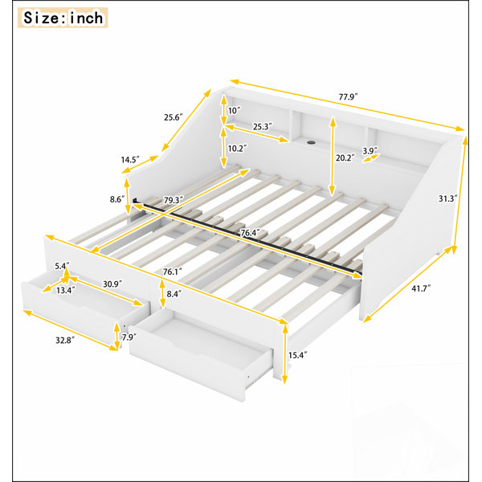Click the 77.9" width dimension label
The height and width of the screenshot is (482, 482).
coord(349,97)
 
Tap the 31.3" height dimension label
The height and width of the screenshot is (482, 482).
coord(447,198)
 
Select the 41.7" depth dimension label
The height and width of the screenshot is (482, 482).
coord(421,288)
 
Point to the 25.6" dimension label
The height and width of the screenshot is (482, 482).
coord(174,117)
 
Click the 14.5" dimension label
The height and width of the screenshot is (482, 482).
coord(130,160)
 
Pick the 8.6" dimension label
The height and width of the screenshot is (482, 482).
coord(117,199)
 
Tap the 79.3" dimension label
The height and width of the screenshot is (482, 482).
coord(174,200)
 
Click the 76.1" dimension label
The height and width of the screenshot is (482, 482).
coord(173,272)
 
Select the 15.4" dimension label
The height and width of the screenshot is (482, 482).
coord(298,355)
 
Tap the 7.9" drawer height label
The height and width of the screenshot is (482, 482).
coord(129,337)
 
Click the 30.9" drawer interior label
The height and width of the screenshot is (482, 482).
coord(112,284)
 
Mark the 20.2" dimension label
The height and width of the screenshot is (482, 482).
coord(345,157)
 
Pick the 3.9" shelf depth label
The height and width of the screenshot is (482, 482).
coord(370,151)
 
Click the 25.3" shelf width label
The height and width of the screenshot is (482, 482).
coord(263,126)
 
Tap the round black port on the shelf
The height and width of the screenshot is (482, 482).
coord(312,143)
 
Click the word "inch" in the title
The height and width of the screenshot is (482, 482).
coord(87,18)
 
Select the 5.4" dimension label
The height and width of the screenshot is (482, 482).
coord(62,266)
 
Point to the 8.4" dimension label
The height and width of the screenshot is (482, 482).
coord(173,294)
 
